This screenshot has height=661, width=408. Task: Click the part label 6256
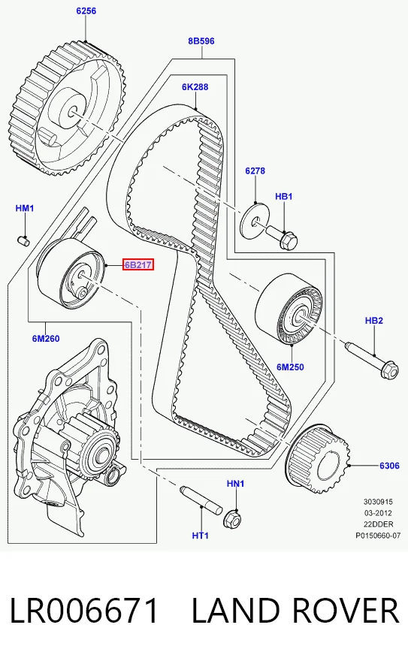click(86, 11)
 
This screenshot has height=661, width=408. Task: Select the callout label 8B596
click(201, 41)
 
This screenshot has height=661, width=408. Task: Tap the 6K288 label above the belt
click(195, 87)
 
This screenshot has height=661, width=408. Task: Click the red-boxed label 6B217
click(138, 264)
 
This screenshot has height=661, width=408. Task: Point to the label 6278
click(255, 171)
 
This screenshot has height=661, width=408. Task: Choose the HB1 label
click(284, 197)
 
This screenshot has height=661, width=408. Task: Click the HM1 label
click(25, 208)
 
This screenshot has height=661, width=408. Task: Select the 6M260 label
click(46, 338)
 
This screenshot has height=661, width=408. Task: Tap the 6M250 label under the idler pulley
click(290, 367)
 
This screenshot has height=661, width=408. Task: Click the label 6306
click(389, 466)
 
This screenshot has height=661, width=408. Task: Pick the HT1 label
click(200, 536)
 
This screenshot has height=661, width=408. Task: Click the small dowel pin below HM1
click(23, 240)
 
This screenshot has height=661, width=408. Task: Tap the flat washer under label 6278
click(255, 221)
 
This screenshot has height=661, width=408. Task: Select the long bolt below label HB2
click(372, 360)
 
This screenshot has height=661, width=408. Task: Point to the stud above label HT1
click(201, 500)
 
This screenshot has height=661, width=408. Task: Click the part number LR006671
click(84, 611)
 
